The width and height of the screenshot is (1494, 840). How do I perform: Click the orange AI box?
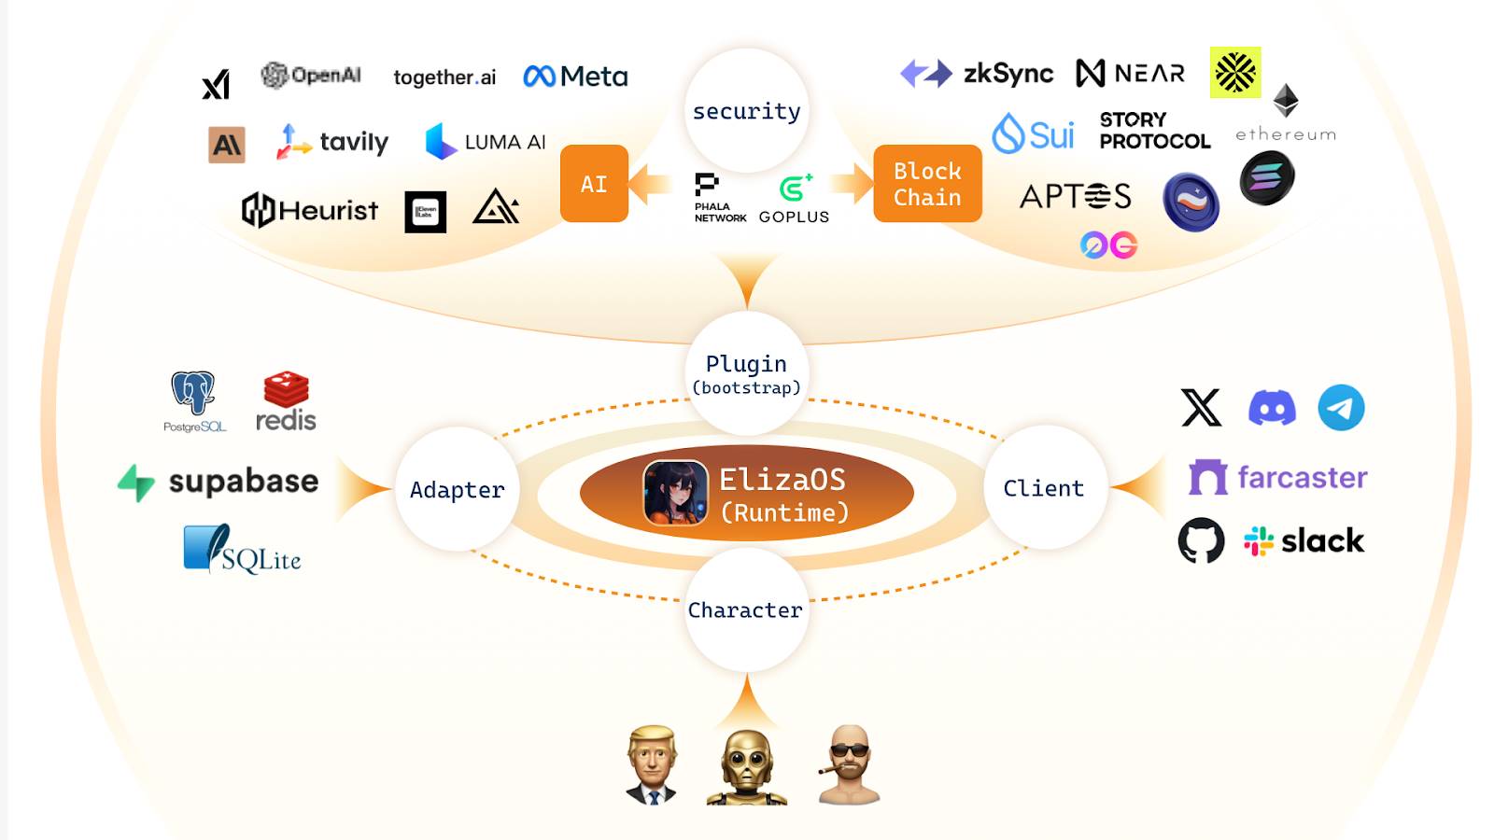coord(594,184)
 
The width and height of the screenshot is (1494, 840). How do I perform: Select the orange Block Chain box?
coord(927,184)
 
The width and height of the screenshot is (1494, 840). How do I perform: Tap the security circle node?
coord(746,111)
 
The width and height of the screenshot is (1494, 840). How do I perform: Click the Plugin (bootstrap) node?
coord(746,373)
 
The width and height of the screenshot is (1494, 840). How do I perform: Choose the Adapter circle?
coord(457,489)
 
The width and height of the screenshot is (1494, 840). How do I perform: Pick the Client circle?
coord(1044,487)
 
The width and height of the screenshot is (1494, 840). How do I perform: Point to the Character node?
coord(745,609)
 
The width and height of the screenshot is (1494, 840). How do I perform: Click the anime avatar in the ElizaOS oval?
coord(675,493)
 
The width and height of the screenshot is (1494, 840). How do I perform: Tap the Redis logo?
coord(286,401)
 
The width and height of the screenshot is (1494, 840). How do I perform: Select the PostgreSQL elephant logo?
coord(193,394)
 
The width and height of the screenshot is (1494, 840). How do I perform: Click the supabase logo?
coord(218,482)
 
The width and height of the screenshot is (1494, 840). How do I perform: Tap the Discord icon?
coord(1272,408)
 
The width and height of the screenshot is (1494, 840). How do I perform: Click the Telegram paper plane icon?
coord(1341,408)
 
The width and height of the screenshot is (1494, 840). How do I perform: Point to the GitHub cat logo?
coord(1201,540)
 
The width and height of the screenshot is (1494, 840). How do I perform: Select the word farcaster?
coord(1302,477)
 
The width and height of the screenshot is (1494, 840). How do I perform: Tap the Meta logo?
coord(575,77)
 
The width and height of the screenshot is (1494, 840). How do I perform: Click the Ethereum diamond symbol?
coord(1286,100)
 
